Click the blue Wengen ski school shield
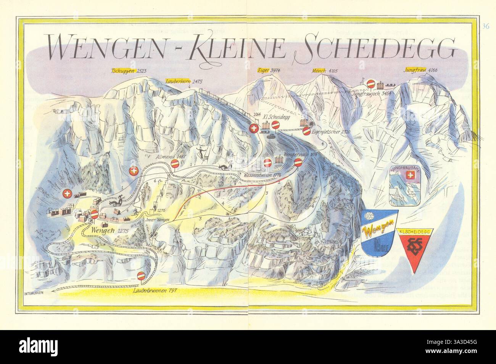[x=380, y=233]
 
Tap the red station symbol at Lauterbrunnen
[x=142, y=276]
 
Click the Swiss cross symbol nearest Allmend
[x=133, y=172]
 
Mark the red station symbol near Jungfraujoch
[x=370, y=83]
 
